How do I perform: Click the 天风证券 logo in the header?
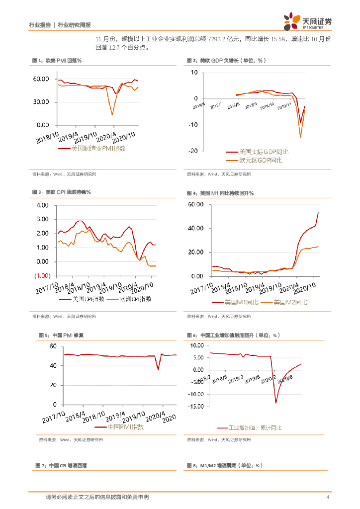pos(307,21)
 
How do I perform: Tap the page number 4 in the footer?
pos(327,497)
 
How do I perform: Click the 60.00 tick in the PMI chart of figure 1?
pos(40,79)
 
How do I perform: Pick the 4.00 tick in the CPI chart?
pos(42,205)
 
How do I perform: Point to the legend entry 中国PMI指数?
pos(119,426)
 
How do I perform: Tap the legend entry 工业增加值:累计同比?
pos(255,427)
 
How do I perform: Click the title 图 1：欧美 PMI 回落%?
pos(57,61)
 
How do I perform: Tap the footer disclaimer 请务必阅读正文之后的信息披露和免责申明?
pos(97,497)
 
